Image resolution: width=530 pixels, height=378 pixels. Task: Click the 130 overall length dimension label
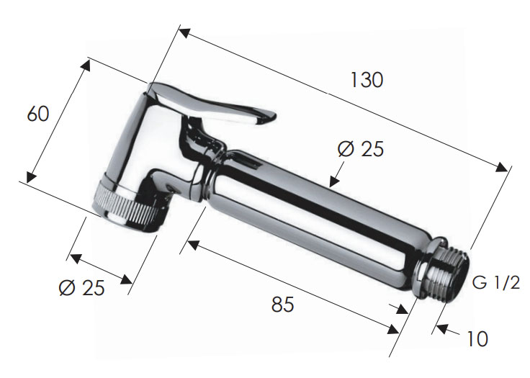[367, 80]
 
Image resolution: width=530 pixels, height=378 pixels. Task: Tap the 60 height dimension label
[38, 114]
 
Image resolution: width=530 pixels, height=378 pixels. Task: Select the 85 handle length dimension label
[282, 305]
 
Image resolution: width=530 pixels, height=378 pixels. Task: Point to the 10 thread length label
[477, 338]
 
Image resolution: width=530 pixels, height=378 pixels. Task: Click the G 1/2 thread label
[496, 283]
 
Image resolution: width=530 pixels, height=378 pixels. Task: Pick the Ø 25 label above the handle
[361, 149]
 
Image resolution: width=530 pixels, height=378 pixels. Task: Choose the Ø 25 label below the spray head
[82, 288]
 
